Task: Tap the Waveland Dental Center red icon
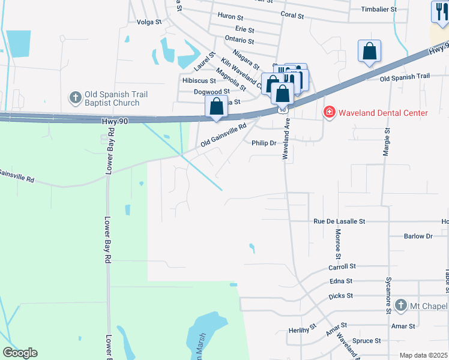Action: [x=329, y=113]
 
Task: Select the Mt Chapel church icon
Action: [x=402, y=306]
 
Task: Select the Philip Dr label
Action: [x=264, y=143]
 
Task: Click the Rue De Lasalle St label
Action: [x=339, y=221]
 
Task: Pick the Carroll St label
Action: [x=342, y=266]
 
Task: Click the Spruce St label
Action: [x=367, y=341]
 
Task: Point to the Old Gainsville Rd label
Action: [x=224, y=136]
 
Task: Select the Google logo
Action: [x=20, y=353]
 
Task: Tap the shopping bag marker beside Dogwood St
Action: [x=217, y=107]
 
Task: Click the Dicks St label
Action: [x=341, y=296]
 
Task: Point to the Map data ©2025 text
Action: [x=423, y=355]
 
